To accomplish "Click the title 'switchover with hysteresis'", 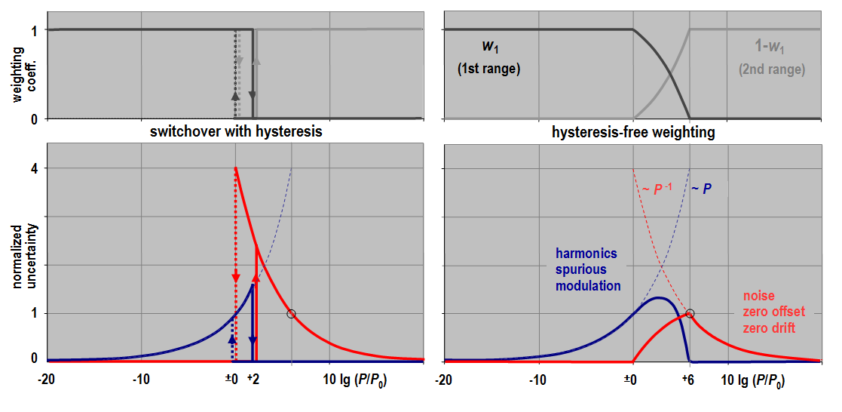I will click(x=236, y=131).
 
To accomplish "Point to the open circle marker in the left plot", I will click(x=292, y=313).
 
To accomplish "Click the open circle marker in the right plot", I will click(x=689, y=313).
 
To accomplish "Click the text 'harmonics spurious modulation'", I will click(x=587, y=269).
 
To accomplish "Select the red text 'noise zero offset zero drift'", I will click(x=768, y=311).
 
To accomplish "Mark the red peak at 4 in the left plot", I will click(x=236, y=168).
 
